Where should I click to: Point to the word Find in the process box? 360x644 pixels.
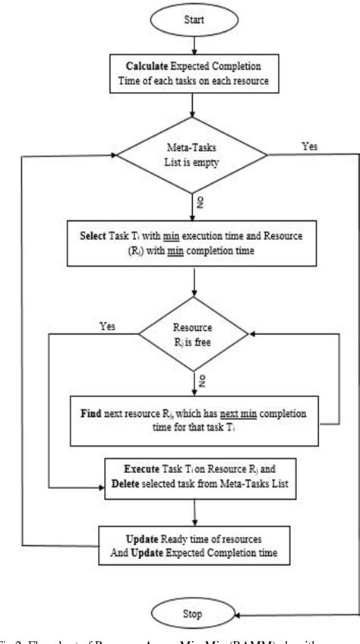(95, 416)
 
